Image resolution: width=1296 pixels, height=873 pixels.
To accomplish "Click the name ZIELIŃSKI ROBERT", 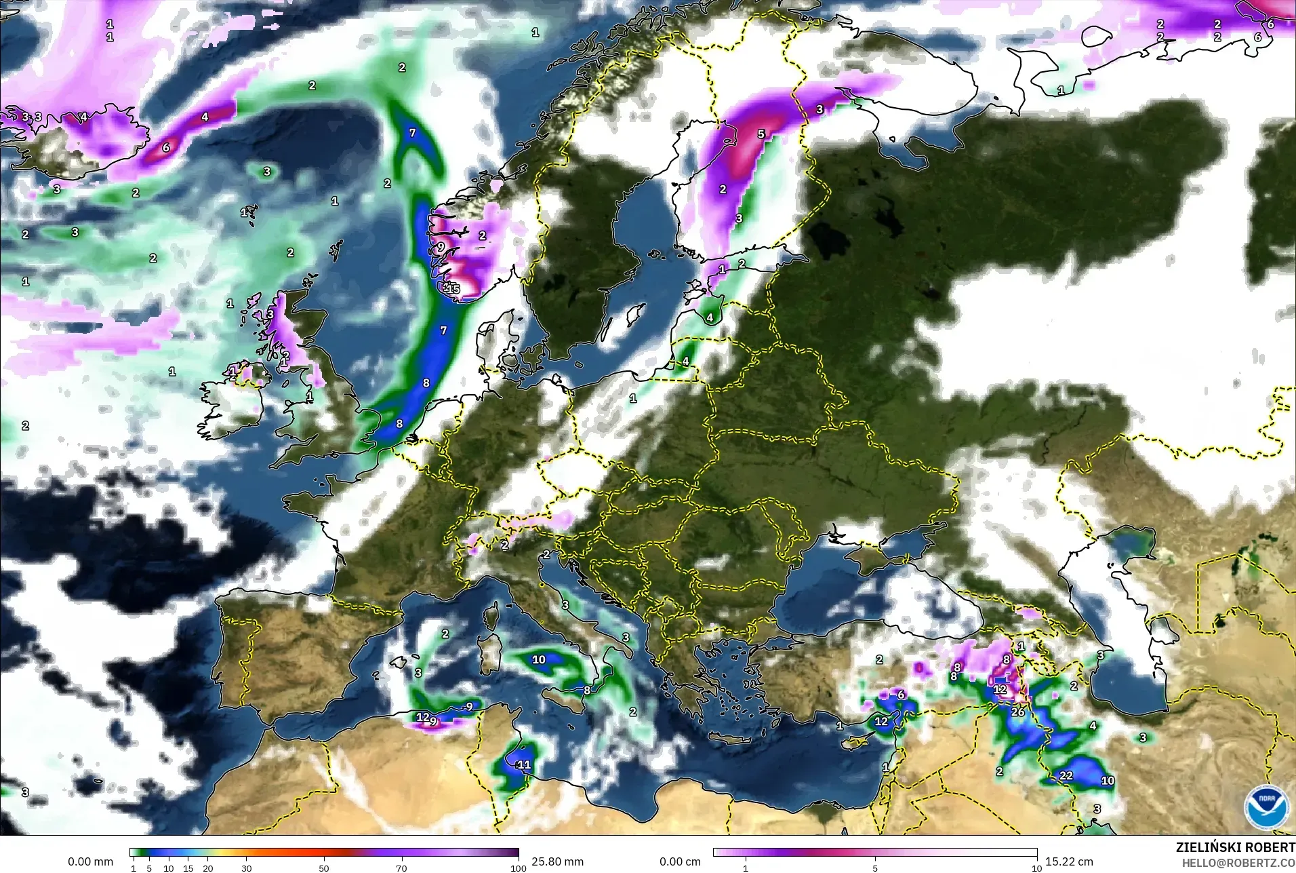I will tap(1235, 848).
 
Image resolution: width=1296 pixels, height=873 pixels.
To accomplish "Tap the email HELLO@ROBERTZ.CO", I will tap(1238, 863).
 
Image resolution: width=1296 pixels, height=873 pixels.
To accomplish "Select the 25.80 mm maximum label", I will tap(557, 861).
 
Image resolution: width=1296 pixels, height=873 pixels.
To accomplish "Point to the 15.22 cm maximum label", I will tap(1069, 861).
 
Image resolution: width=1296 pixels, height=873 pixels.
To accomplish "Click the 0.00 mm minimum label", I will tap(90, 861).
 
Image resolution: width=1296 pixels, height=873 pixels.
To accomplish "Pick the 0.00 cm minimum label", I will tap(680, 861).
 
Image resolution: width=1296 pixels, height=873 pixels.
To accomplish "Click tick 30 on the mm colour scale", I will tap(247, 868).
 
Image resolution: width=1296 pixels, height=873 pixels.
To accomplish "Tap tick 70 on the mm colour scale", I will tap(401, 868).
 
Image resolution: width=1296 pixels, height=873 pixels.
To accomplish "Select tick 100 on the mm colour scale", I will tap(518, 868).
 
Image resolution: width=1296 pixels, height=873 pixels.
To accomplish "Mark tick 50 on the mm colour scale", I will tap(324, 868).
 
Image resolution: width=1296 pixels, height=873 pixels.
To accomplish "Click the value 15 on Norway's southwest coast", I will tap(453, 289).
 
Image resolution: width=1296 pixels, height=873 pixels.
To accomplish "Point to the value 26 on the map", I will tap(1018, 712).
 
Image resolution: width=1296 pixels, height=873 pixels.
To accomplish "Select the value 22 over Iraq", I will tap(1066, 775).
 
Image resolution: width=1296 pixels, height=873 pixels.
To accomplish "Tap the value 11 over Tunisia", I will tap(524, 764).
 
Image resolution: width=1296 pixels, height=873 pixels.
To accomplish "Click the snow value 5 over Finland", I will tap(761, 134).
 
